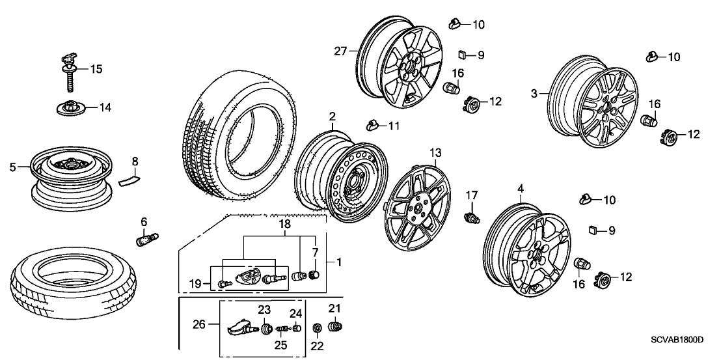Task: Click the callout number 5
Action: pyautogui.click(x=12, y=167)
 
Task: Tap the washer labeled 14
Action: pyautogui.click(x=68, y=107)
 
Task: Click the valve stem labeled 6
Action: pyautogui.click(x=143, y=239)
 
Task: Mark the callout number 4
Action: pyautogui.click(x=520, y=189)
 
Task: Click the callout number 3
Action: pyautogui.click(x=534, y=94)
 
